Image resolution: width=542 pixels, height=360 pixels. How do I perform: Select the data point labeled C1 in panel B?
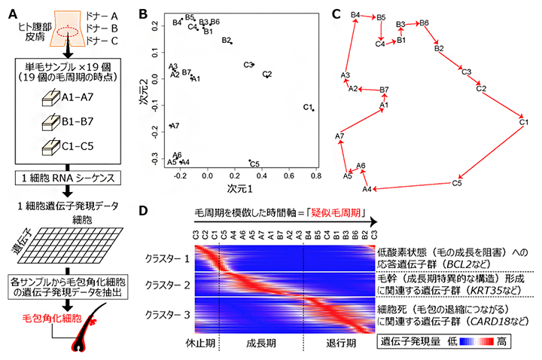click(x=312, y=110)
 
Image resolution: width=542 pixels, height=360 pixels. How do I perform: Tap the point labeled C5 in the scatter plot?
click(x=249, y=160)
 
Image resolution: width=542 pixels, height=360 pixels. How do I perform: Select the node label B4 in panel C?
click(x=356, y=14)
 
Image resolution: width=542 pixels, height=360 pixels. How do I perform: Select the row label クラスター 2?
click(x=169, y=285)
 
